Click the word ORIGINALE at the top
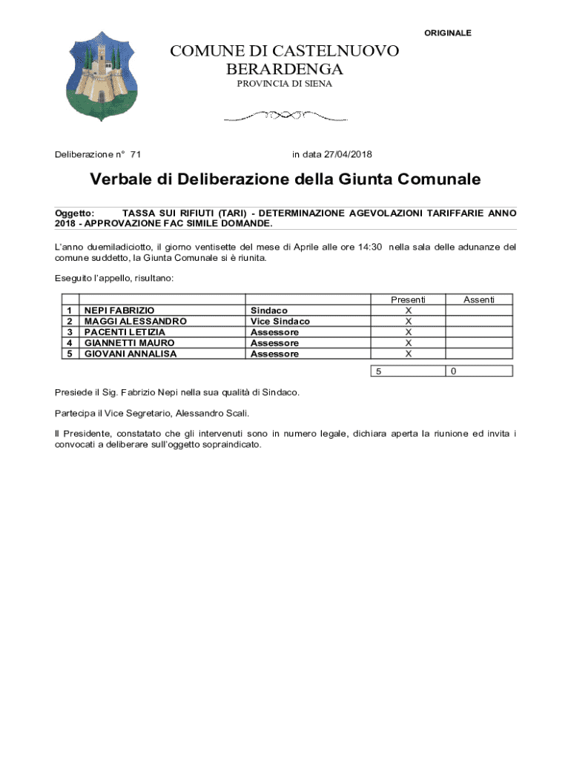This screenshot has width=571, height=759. (447, 33)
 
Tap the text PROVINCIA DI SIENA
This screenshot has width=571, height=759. (285, 84)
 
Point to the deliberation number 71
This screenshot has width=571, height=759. (136, 155)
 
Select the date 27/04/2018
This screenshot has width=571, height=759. (348, 155)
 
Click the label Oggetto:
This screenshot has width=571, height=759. (75, 213)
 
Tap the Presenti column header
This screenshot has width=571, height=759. (408, 299)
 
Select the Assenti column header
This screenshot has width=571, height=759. (478, 299)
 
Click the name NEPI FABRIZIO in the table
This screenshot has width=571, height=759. (119, 311)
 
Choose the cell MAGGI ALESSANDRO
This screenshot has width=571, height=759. (135, 322)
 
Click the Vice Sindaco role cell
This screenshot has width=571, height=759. (280, 322)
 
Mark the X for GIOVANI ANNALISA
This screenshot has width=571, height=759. (408, 354)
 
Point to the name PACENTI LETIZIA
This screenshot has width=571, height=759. (125, 332)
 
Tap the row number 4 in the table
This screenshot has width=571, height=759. (69, 343)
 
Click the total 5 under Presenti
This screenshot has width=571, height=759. (378, 371)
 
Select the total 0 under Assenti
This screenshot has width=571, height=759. (454, 371)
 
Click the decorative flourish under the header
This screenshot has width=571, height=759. (285, 116)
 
